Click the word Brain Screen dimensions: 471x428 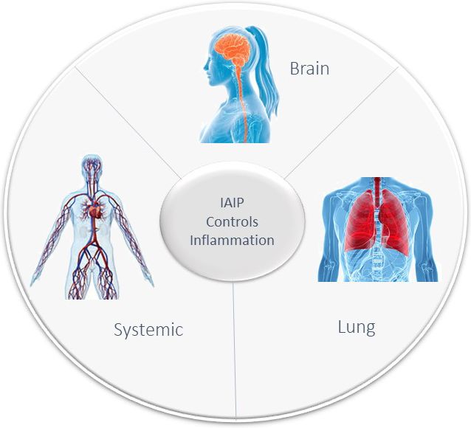[309, 69]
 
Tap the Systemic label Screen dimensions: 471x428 [148, 330]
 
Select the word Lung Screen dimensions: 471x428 [357, 328]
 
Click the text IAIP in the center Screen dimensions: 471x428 [232, 203]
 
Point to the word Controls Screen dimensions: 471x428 [232, 222]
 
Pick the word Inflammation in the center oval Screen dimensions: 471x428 [232, 241]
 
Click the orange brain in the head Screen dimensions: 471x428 [233, 48]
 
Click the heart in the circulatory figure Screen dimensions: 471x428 [96, 210]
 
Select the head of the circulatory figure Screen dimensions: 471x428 [92, 167]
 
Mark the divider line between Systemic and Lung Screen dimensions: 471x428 [235, 350]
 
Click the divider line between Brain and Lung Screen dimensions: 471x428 [341, 122]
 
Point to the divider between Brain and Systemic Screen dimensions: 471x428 [128, 122]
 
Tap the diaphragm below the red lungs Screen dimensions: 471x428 [377, 254]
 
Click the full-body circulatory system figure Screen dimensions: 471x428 [92, 227]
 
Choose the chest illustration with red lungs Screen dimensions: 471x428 [377, 229]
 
